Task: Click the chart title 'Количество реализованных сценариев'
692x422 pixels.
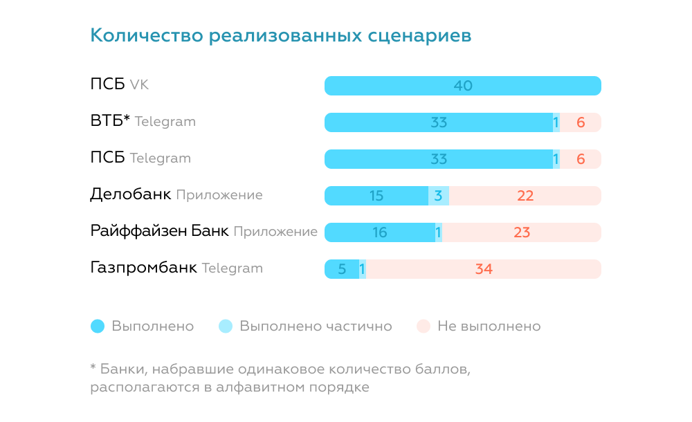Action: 281,35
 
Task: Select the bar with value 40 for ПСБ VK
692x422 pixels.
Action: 462,86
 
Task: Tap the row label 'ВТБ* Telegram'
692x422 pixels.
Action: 143,121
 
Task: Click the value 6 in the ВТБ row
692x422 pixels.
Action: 581,122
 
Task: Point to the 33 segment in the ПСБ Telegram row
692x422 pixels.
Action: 439,159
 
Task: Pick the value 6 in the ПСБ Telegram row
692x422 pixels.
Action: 581,159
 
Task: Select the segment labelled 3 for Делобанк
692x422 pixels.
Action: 438,196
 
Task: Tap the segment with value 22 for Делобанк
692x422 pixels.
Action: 525,196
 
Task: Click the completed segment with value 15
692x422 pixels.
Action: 376,196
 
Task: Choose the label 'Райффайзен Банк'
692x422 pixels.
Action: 159,231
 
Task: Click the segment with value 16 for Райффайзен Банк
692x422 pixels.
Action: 379,232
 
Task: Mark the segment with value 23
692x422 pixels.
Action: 522,232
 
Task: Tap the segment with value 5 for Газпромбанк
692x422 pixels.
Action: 342,269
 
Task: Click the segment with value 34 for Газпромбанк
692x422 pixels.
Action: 484,269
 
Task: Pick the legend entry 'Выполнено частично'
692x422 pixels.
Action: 315,326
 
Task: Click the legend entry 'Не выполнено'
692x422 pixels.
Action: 489,326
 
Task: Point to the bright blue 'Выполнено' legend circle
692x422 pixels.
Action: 98,326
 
